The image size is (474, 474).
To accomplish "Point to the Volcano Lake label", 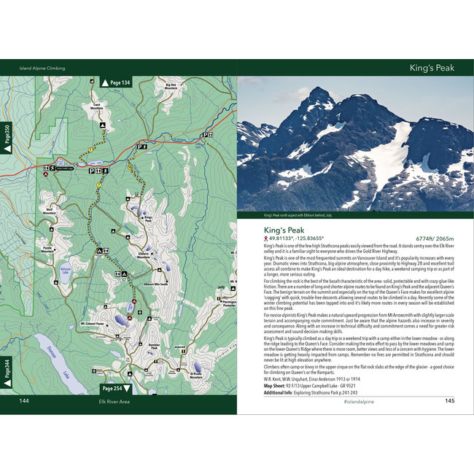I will coord(64,268).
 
